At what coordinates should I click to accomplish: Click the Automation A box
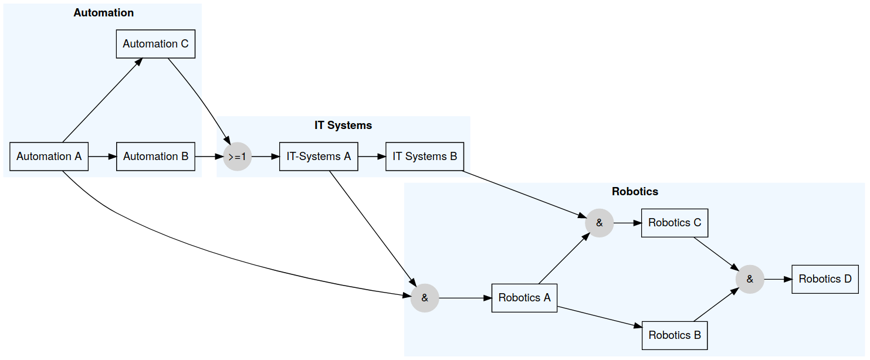pos(49,157)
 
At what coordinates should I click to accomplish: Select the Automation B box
pos(155,157)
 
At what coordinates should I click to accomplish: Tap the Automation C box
pos(155,44)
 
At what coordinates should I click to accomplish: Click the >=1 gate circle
pos(238,157)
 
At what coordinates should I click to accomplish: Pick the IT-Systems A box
pos(319,157)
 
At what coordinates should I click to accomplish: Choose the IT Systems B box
pos(425,157)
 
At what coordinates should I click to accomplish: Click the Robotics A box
pos(524,298)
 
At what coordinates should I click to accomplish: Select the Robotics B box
pos(675,335)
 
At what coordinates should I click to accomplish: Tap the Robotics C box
pos(675,223)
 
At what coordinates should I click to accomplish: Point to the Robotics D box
pos(825,279)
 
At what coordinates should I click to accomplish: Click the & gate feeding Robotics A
pos(425,298)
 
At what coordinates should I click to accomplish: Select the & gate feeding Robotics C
pos(599,223)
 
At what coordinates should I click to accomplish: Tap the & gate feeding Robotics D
pos(750,279)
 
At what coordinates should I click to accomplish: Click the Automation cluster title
pos(103,13)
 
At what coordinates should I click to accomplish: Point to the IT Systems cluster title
pos(343,125)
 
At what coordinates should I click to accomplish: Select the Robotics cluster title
pos(635,192)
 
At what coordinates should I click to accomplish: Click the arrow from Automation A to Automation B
pos(102,157)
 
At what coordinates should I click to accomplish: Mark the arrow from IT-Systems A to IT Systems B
pos(371,157)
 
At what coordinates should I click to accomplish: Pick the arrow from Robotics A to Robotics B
pos(598,317)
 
